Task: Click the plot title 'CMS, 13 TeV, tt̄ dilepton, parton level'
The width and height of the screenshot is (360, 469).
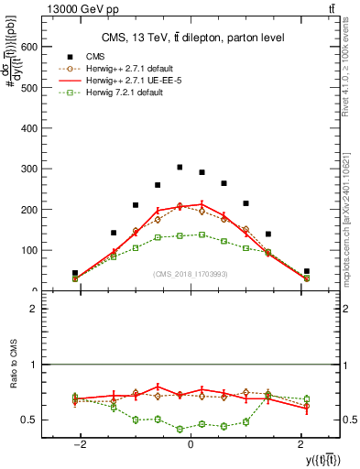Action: [191, 38]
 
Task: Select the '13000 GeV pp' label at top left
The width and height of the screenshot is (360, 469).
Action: [40, 8]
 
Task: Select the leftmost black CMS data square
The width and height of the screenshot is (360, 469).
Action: [75, 273]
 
